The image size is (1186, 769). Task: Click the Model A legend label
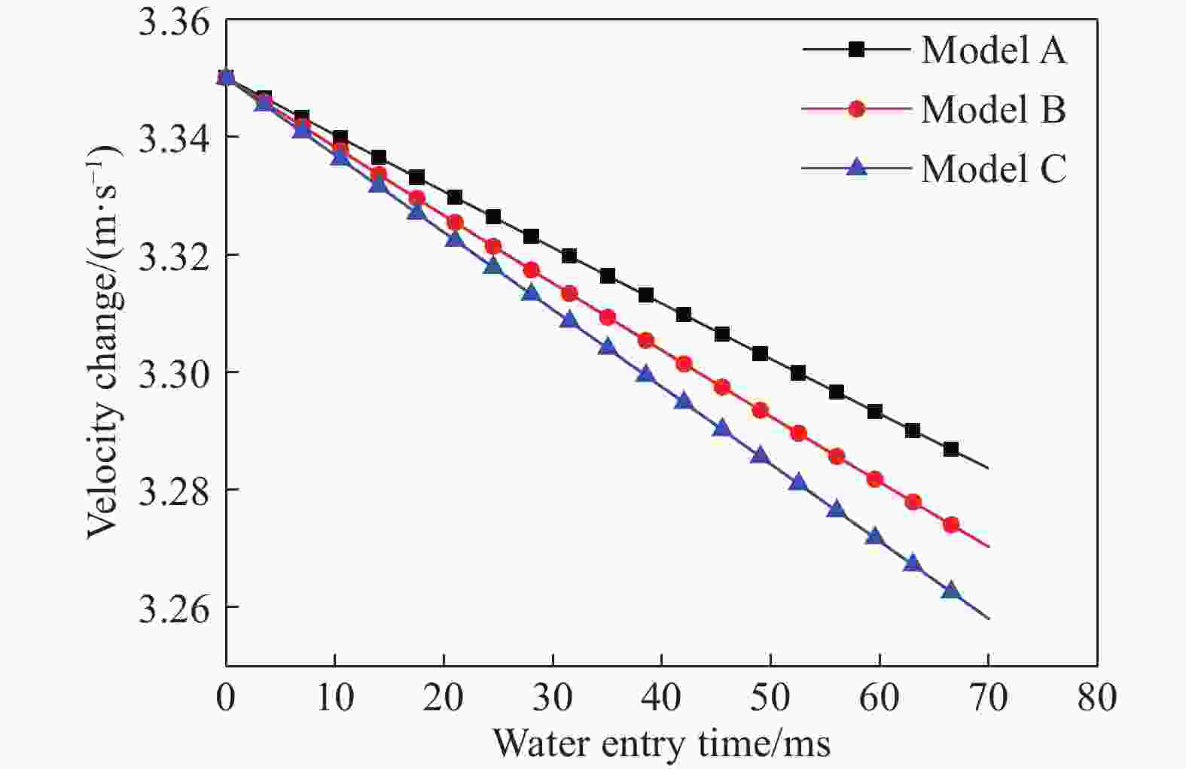coord(993,50)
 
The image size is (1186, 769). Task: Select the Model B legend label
coord(993,110)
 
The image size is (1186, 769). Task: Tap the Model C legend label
coord(993,169)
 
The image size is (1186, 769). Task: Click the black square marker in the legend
coord(856,50)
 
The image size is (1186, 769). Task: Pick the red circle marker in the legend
coord(856,109)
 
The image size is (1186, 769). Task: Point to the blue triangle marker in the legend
coord(856,168)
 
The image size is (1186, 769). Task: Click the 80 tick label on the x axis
coord(1096,698)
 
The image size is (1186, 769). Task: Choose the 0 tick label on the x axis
coord(225,698)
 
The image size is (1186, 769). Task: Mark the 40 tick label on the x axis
coord(661,698)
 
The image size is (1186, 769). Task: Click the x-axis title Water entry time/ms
coord(661,743)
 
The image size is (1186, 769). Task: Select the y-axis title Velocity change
coord(104,342)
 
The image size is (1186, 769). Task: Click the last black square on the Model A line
coord(950,449)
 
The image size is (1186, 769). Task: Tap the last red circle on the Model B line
coord(950,524)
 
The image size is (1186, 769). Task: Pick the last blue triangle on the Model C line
coord(950,591)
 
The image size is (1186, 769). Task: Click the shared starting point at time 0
coord(226,78)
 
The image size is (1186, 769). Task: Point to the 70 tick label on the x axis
coord(988,698)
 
